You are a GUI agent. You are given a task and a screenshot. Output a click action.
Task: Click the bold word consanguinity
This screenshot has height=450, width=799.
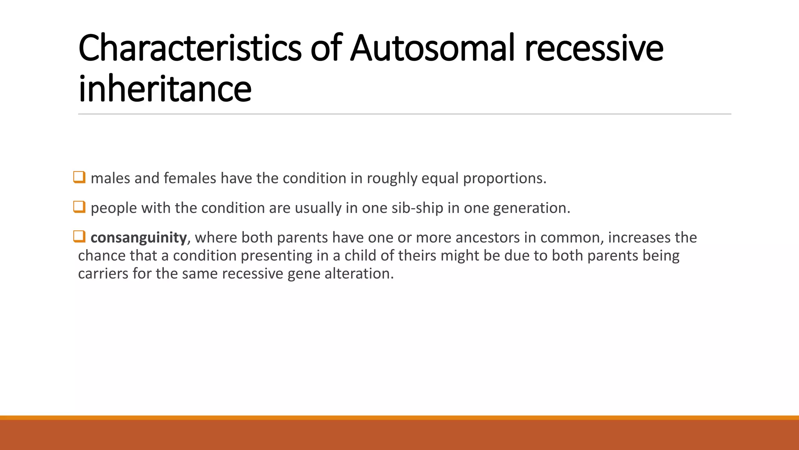click(138, 237)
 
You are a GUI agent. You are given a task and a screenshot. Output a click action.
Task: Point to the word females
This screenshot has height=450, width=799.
click(190, 179)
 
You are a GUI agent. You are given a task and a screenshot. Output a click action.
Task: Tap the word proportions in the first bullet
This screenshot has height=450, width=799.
click(504, 179)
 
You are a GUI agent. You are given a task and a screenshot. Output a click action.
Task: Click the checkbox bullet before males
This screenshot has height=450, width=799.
click(79, 177)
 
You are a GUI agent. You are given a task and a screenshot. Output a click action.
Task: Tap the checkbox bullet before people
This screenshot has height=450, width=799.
click(79, 207)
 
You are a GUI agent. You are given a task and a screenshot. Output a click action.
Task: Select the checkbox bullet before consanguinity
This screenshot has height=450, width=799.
click(79, 237)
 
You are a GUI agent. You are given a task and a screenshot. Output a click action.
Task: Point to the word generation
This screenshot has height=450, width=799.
click(531, 208)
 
